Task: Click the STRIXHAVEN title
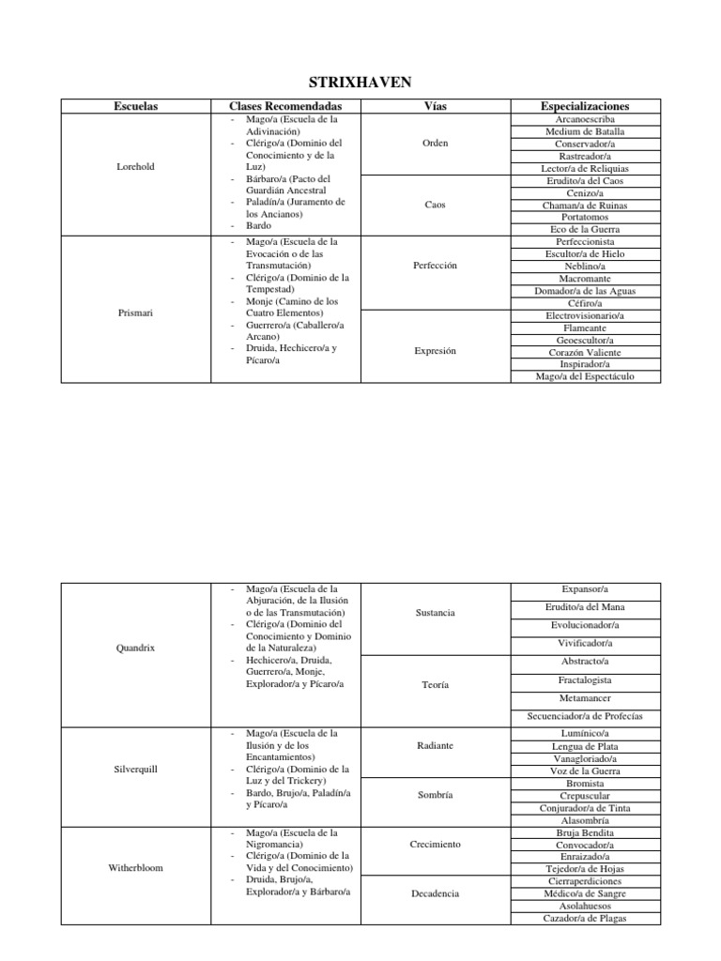360,83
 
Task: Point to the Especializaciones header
585,107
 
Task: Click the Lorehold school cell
135,167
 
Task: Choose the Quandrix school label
135,648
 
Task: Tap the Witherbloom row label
135,868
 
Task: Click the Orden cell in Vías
436,144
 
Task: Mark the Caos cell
436,205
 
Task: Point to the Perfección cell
436,266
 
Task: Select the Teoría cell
436,685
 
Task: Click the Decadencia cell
436,894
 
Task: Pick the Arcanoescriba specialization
585,119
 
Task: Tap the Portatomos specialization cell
585,217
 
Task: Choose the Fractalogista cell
585,679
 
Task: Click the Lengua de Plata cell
585,747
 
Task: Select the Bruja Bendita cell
585,832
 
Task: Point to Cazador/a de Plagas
585,918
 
